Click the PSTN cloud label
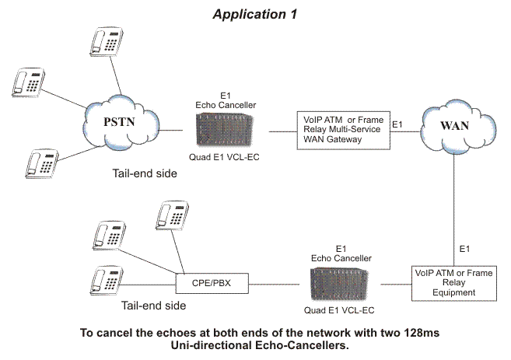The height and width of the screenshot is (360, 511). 119,122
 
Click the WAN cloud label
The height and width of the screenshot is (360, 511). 454,125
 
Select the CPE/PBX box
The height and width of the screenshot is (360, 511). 212,283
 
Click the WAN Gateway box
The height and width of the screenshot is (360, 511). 343,131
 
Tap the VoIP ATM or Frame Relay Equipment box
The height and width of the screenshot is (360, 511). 454,283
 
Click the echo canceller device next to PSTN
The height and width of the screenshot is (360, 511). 225,129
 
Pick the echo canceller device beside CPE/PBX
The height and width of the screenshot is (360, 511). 339,284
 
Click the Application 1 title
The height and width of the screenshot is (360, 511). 255,14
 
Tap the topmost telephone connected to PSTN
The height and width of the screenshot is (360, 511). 107,42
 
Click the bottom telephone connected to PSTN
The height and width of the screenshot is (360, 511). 42,163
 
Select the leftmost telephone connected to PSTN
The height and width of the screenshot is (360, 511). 28,82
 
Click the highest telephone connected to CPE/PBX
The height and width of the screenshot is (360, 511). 173,215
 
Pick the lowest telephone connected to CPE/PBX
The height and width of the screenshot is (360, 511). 107,281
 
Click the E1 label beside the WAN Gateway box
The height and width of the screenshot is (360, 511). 397,124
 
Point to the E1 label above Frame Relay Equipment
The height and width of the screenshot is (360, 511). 464,249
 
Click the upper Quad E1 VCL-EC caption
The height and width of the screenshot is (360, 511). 224,157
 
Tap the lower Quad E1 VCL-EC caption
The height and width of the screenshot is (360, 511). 339,310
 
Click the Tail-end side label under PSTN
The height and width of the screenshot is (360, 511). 145,173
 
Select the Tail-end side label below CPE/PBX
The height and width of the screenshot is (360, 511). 153,306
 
